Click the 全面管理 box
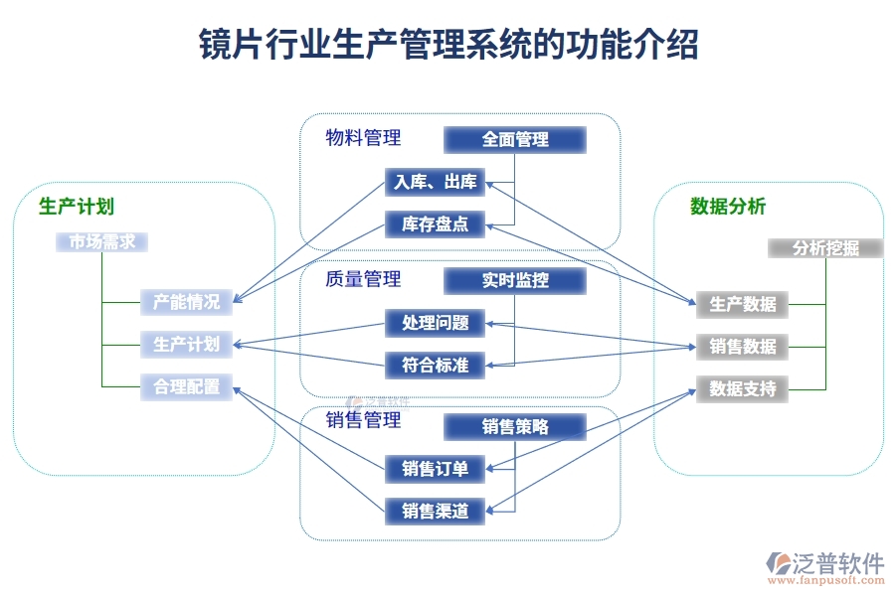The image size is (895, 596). coord(515,140)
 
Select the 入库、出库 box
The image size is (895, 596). coord(435,182)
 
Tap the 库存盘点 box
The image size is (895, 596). coord(435,224)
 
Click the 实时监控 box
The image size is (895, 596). coord(515,281)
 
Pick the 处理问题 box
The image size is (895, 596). coord(435,323)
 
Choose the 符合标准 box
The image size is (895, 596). coord(435,366)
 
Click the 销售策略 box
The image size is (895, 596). coord(515,427)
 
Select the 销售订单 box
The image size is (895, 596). coord(435,469)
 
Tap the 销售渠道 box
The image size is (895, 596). coord(435,512)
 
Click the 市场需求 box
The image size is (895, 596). coord(101,241)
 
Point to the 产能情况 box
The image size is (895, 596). coord(186,302)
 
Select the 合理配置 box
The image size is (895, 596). coord(186,386)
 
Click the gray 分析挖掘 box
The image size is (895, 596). coord(825,248)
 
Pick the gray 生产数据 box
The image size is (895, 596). coord(742,304)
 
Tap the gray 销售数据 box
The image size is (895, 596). coord(742,347)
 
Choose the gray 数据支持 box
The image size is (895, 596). coord(742,388)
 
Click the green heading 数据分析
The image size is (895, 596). coord(728,207)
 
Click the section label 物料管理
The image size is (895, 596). coord(363,138)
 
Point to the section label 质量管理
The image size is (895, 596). coord(363,279)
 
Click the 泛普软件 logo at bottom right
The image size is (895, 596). coord(825,566)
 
